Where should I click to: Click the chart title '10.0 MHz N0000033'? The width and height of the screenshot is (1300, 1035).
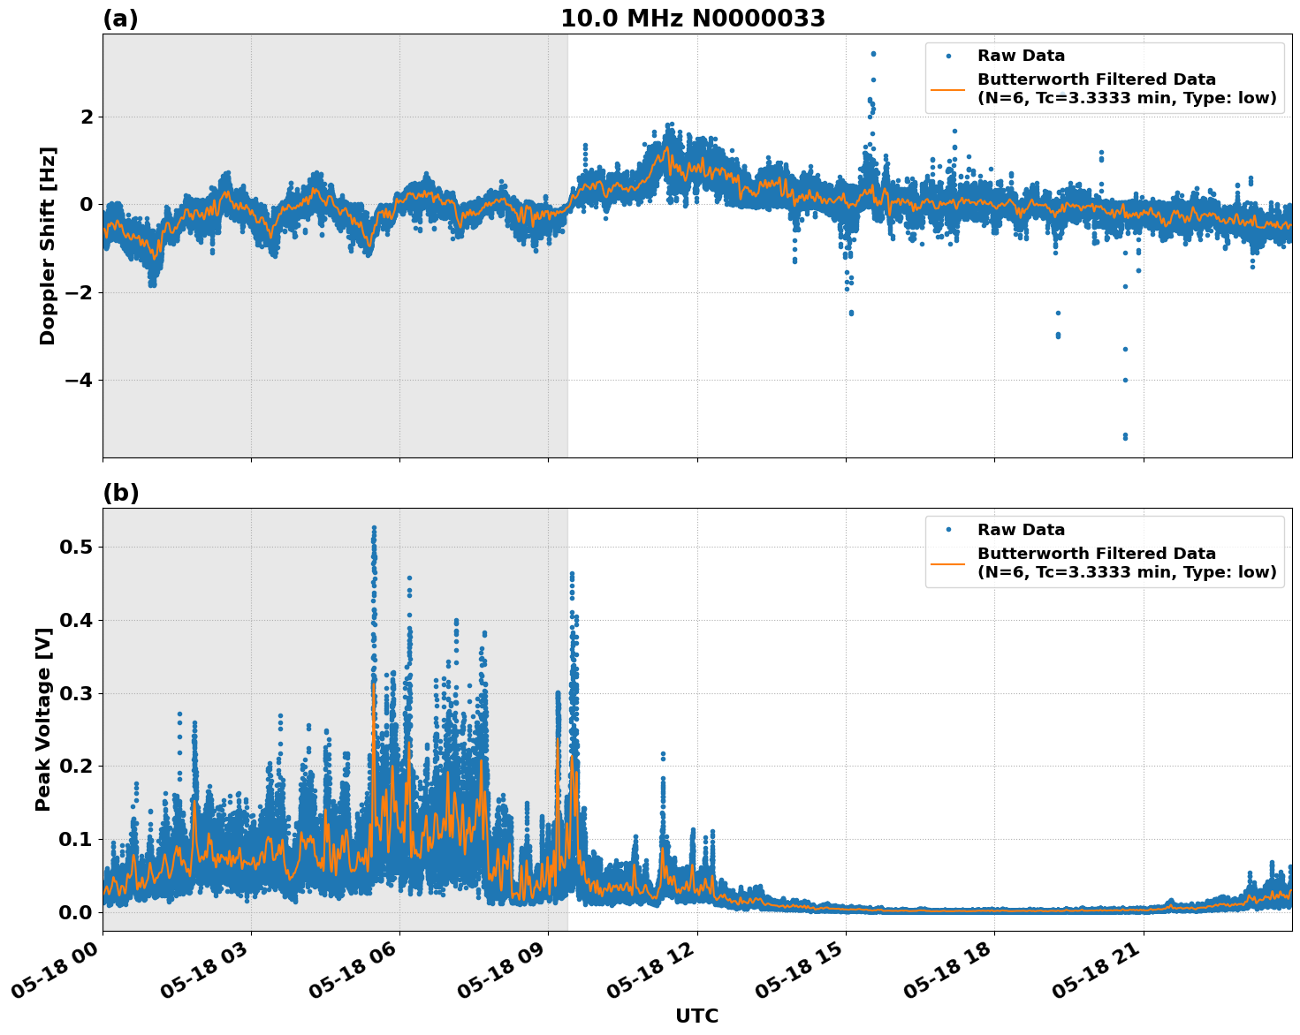point(692,19)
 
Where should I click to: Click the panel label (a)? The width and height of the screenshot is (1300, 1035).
point(120,19)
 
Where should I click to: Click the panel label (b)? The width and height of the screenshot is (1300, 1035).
point(120,493)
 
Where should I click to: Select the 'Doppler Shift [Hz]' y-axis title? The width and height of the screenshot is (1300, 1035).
point(48,246)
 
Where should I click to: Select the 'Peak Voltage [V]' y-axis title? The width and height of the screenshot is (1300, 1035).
point(42,719)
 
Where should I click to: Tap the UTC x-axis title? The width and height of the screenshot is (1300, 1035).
point(696,1016)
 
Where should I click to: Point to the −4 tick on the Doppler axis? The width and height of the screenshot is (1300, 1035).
point(80,381)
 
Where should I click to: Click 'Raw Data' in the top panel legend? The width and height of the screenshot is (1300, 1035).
point(1021,57)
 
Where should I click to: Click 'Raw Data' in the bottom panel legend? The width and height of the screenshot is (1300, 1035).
point(1021,531)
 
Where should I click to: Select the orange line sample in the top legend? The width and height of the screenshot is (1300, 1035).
point(947,89)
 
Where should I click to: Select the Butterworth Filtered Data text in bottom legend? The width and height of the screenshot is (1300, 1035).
point(1126,563)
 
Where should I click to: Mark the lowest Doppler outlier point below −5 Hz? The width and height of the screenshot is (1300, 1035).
point(1125,437)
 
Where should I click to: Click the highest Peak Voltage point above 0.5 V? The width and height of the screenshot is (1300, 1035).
point(374,528)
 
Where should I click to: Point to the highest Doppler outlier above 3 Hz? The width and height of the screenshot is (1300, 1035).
point(873,54)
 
